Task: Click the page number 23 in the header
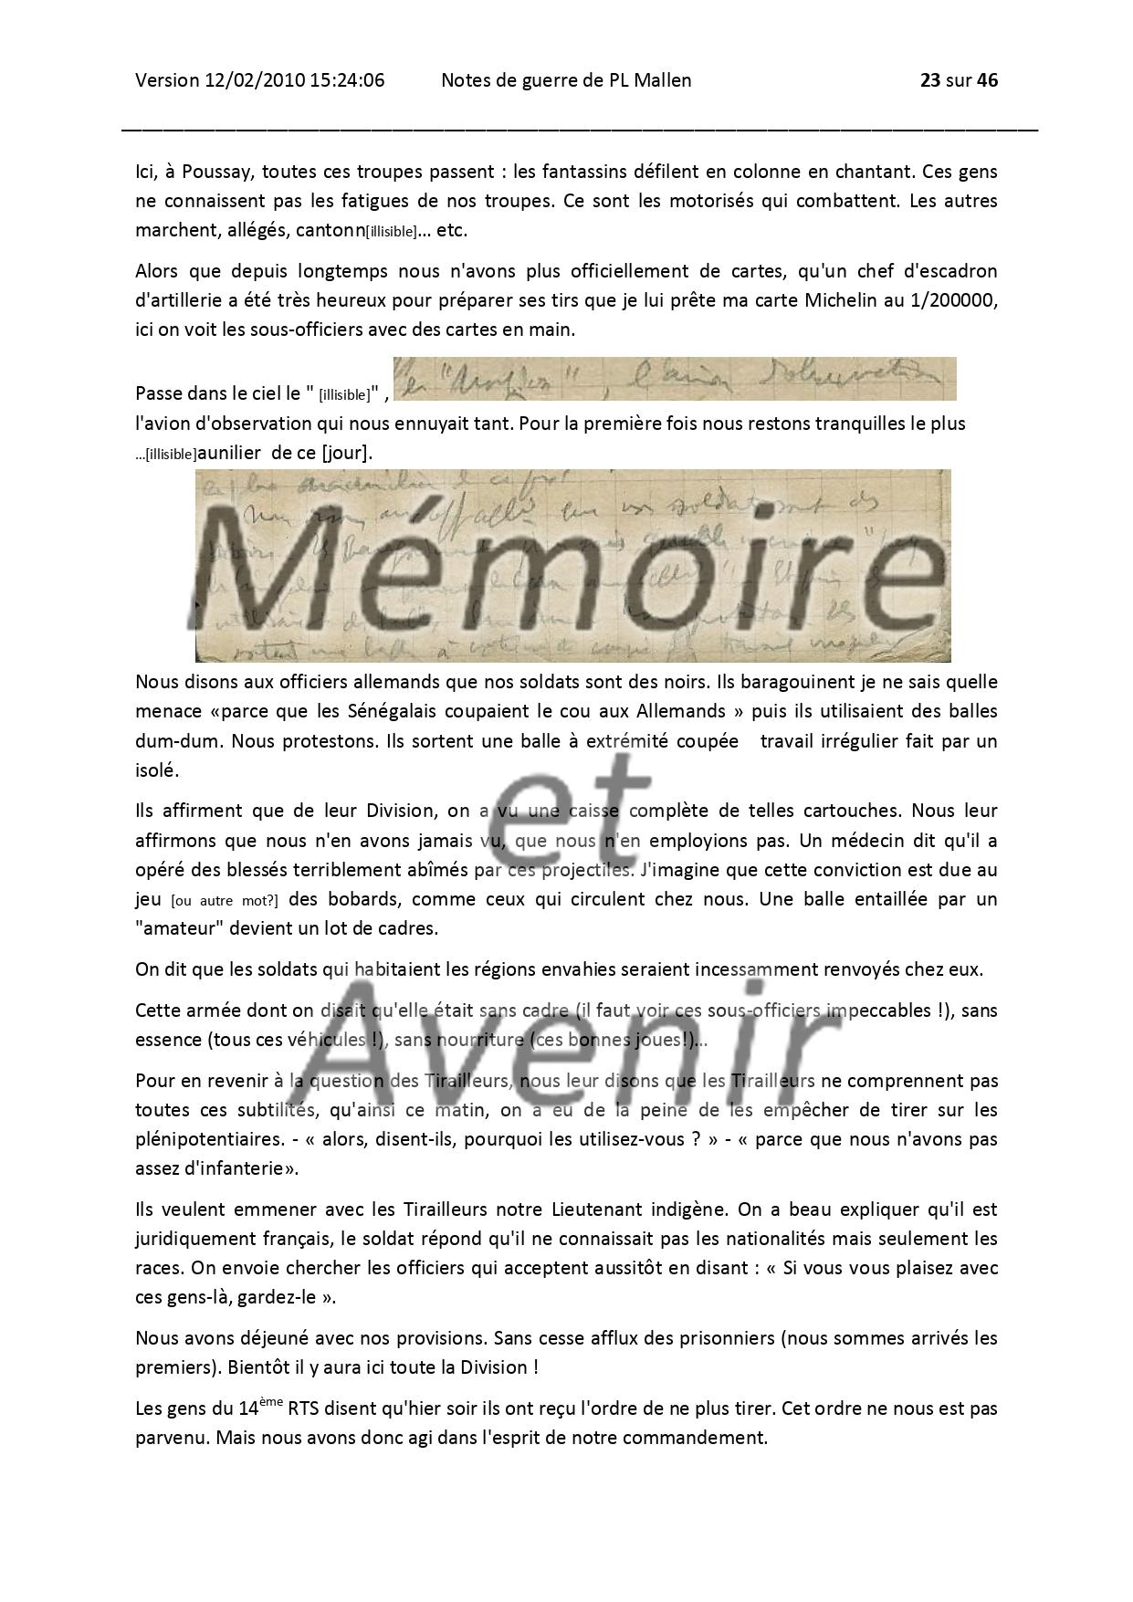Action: [929, 80]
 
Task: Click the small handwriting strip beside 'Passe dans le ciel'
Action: [674, 379]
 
